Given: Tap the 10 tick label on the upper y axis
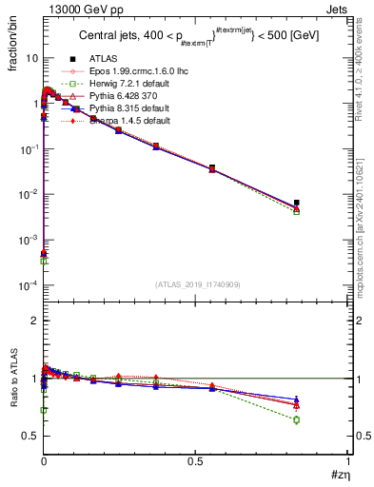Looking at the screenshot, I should pos(31,58).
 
